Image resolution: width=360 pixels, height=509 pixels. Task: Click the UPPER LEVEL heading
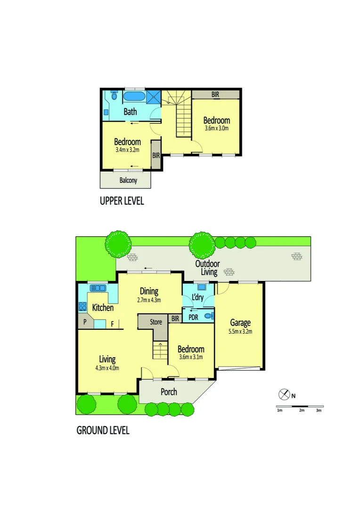pos(122,201)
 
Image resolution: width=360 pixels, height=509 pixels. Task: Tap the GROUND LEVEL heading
pos(103,430)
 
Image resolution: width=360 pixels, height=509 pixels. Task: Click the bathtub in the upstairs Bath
pos(134,97)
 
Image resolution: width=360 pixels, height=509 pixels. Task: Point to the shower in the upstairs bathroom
pos(153,97)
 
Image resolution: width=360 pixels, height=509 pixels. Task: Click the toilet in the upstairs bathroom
pos(113,96)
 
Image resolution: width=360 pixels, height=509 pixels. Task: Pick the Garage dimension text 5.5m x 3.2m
pos(240,331)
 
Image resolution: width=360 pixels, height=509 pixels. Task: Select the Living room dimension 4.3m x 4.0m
pos(107,368)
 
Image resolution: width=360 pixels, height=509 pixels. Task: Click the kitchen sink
pos(98,288)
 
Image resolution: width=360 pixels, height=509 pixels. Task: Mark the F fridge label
pos(112,324)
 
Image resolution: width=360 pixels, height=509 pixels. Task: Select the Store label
pos(156,322)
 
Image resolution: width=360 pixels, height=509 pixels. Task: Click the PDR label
pos(193,318)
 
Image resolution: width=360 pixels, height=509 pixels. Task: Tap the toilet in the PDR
pos(209,316)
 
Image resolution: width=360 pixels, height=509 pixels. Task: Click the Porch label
pos(169,392)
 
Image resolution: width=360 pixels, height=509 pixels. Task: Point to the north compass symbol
pos(284,394)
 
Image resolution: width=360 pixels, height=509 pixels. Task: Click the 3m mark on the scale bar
pos(319,410)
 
